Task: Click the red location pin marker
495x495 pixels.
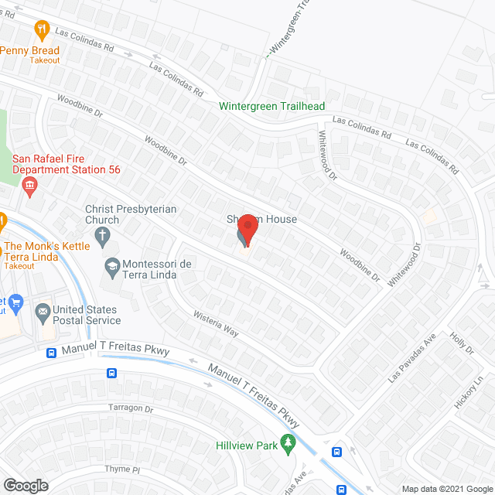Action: click(x=247, y=230)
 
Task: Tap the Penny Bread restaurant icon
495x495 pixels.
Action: click(x=42, y=30)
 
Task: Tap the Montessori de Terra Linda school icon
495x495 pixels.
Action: click(x=111, y=266)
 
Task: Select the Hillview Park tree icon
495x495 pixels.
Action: click(x=288, y=442)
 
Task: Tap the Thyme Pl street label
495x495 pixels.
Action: click(x=123, y=469)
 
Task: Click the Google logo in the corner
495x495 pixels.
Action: click(x=26, y=485)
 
